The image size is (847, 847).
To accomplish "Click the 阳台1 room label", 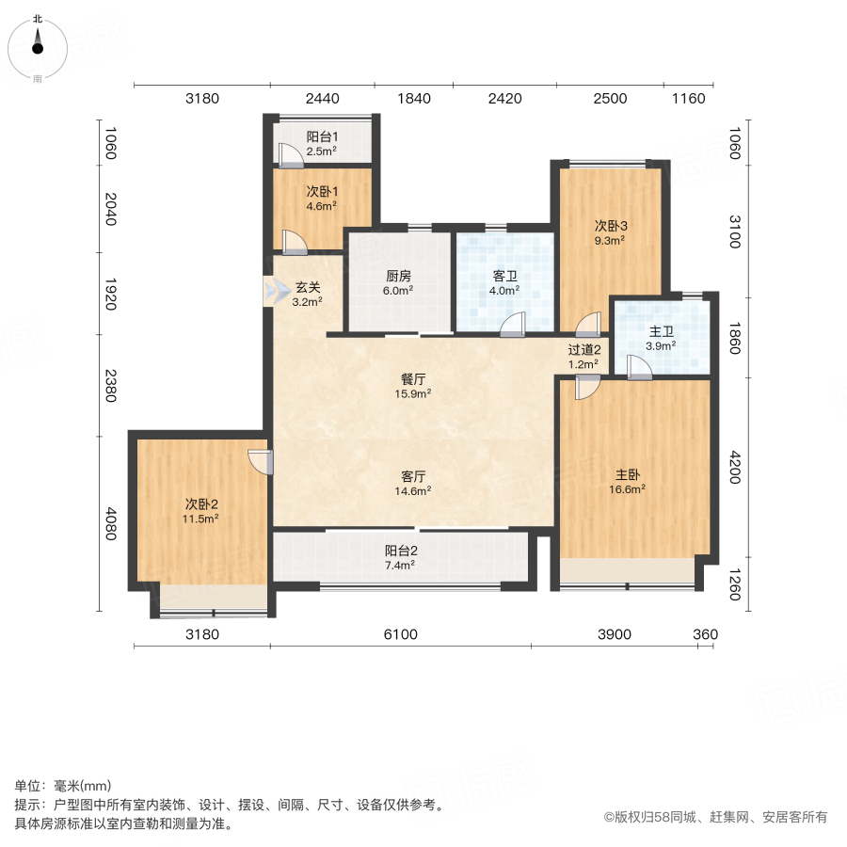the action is coord(322,137).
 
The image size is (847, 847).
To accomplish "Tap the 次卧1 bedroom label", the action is coord(322,192).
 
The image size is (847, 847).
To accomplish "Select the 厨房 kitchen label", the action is coord(398,276).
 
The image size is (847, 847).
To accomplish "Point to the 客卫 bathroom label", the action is coord(505,276).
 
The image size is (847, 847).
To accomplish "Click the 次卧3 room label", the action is coord(611,226).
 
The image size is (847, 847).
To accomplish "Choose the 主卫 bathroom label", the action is coord(662,331).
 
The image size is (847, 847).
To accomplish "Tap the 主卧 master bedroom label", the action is coord(627,475).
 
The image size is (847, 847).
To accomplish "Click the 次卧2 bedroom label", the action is coord(201,504).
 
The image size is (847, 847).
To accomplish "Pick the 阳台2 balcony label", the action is coord(401,551).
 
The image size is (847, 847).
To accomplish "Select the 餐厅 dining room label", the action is coord(413,379).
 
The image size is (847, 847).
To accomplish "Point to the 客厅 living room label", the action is coord(413,476).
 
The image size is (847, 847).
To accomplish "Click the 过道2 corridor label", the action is coord(583,350).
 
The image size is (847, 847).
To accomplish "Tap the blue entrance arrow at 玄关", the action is coord(277,292).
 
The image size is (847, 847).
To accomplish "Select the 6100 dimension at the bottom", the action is coord(400,634).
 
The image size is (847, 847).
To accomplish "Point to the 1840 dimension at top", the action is coord(414,98).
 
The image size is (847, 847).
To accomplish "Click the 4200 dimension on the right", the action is coord(735,467).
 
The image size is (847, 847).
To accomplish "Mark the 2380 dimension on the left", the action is coord(111,386).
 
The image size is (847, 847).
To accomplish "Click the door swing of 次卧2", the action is coord(261,462).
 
